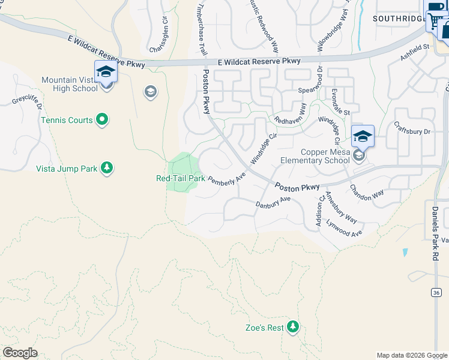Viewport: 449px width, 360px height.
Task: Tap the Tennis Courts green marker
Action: click(102, 120)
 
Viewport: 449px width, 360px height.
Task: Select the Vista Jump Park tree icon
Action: click(106, 168)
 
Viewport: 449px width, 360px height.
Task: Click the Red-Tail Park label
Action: click(181, 178)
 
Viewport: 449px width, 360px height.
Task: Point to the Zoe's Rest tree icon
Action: click(292, 327)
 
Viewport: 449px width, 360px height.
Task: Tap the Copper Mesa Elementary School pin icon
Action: click(363, 138)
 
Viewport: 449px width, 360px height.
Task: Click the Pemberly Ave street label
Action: click(227, 179)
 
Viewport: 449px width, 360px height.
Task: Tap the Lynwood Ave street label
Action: click(345, 229)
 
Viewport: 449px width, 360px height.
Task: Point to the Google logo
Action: click(20, 353)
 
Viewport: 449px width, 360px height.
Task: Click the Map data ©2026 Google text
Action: click(411, 355)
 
